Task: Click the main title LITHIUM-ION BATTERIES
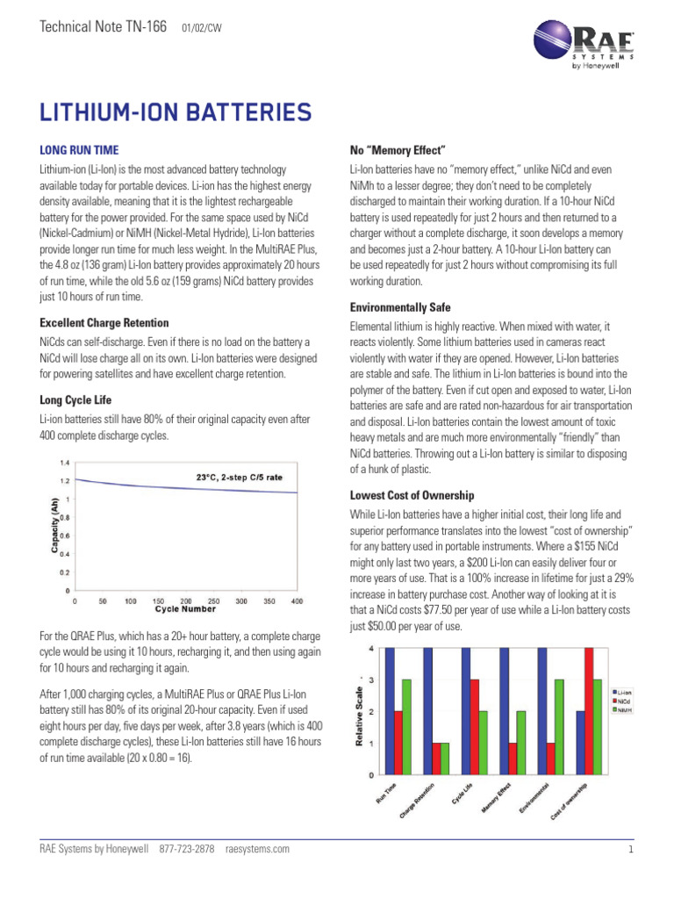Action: (x=175, y=112)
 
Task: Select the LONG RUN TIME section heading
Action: (x=79, y=150)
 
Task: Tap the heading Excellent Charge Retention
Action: (x=104, y=323)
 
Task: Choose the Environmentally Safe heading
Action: (x=400, y=307)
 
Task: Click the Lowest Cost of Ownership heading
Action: (x=412, y=496)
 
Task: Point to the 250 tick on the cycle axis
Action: (x=212, y=601)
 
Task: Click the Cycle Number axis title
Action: (x=185, y=608)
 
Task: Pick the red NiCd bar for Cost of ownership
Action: (x=588, y=711)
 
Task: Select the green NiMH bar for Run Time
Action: (x=407, y=727)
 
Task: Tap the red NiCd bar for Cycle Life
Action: (x=475, y=727)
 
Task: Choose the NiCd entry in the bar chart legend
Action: (x=621, y=701)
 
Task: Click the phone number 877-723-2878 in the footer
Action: (x=187, y=850)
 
